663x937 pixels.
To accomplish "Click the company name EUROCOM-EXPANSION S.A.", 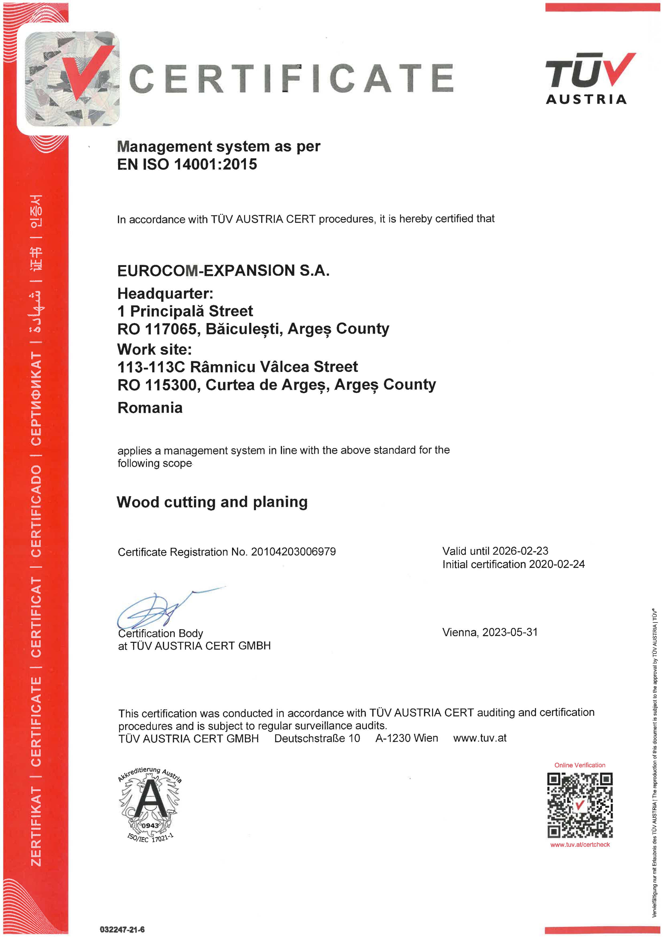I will pos(223,271).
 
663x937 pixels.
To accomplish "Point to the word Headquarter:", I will pos(165,293).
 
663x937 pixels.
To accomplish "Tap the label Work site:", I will pos(154,349).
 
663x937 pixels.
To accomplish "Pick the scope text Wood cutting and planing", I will pos(212,502).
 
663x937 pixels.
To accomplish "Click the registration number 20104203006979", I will pos(293,552).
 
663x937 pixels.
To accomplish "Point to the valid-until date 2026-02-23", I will pos(520,551).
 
